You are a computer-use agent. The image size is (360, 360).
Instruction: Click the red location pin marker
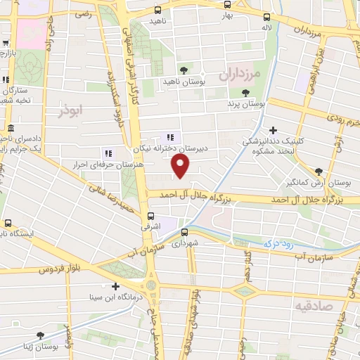tap(181, 165)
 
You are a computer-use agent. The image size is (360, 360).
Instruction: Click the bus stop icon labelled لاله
tap(266, 18)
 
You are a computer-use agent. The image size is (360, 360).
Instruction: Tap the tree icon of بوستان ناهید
tap(184, 70)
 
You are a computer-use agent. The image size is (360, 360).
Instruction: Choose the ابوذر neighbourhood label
tap(72, 111)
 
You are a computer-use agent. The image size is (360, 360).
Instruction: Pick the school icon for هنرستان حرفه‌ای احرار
tap(107, 153)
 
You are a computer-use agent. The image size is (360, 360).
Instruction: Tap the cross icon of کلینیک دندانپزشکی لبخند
tap(273, 129)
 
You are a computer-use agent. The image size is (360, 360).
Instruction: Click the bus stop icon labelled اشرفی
tap(150, 216)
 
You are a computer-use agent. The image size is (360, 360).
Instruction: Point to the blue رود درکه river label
tap(278, 243)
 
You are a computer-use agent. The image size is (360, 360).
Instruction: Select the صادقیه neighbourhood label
tap(312, 307)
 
